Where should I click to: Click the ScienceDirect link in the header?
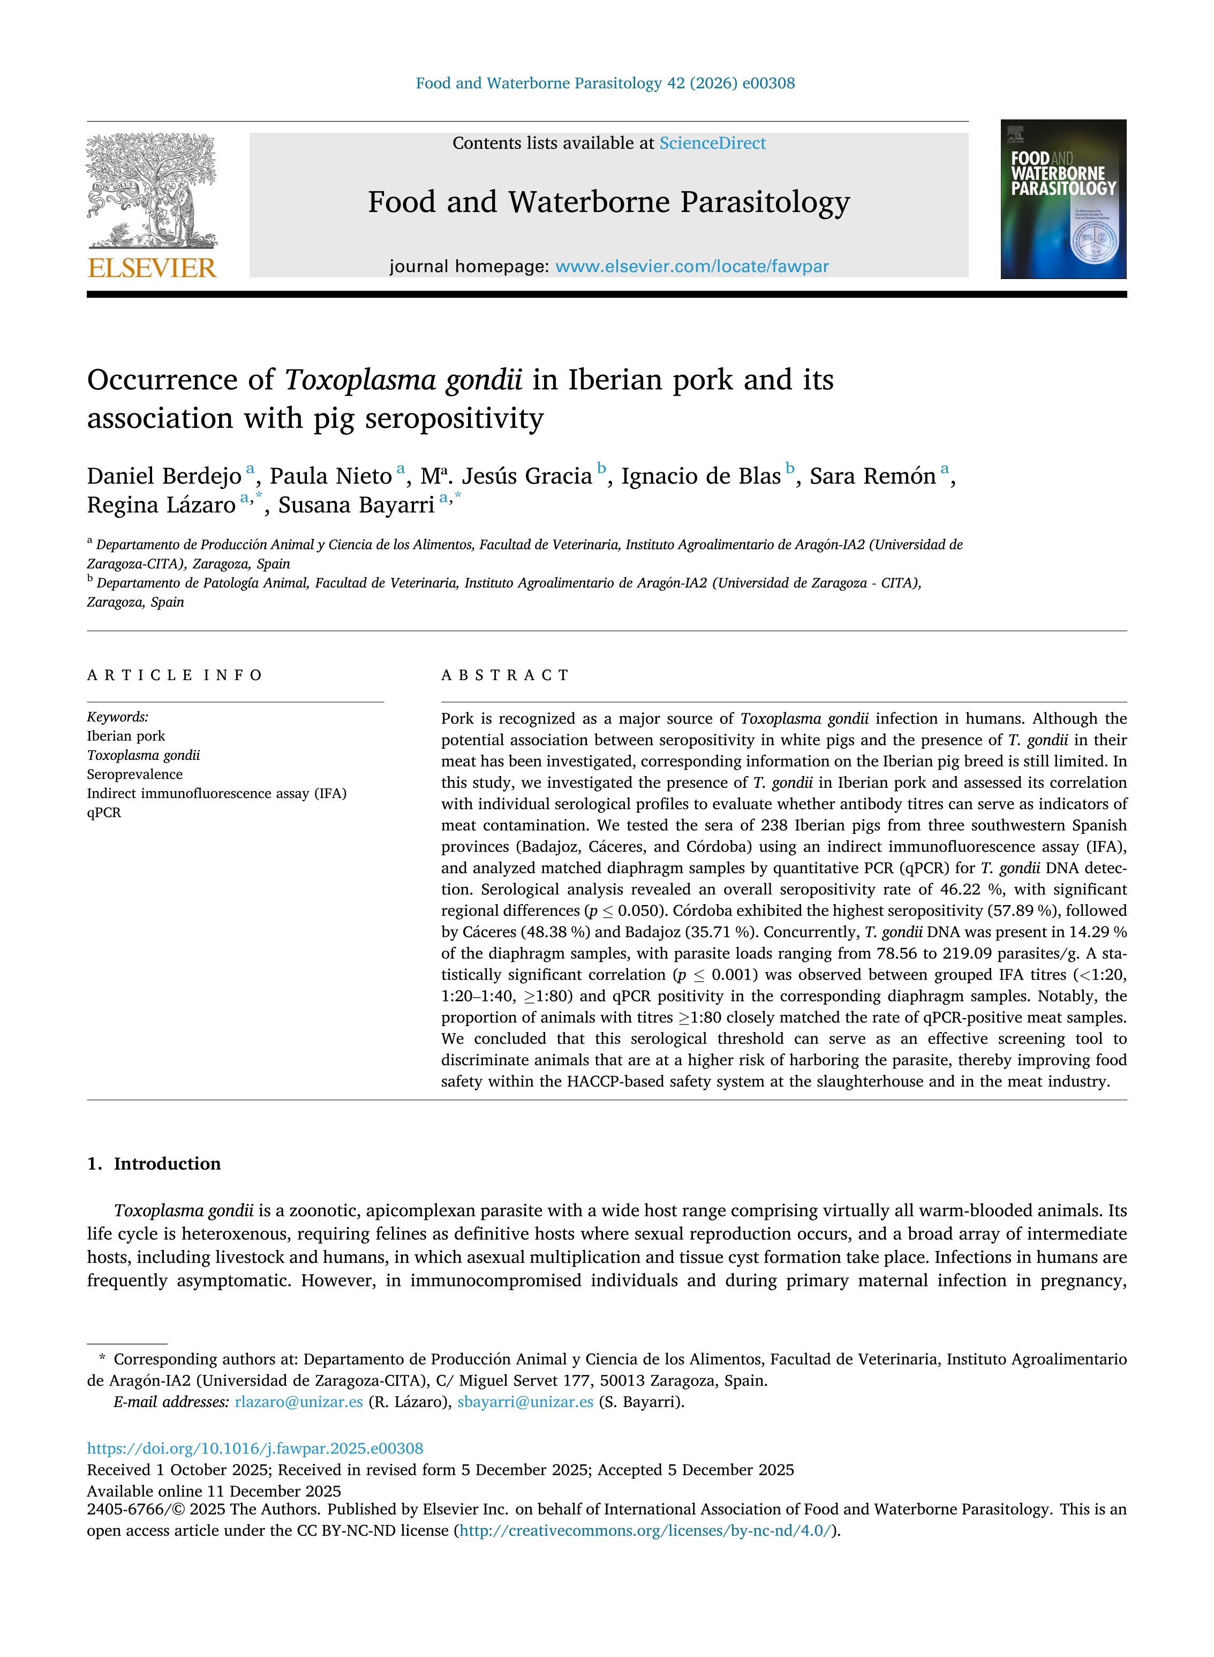(712, 144)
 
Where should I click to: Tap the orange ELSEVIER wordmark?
(152, 268)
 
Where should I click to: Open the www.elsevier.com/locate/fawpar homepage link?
(691, 267)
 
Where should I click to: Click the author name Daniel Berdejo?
(164, 476)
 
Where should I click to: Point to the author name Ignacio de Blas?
(700, 476)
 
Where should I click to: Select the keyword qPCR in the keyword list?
(103, 813)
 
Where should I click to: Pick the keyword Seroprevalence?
(134, 774)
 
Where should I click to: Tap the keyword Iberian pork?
(126, 736)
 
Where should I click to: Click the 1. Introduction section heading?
(154, 1164)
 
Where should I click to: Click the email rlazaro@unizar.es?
(298, 1402)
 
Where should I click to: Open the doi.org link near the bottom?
(255, 1449)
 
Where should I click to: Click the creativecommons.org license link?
(647, 1531)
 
